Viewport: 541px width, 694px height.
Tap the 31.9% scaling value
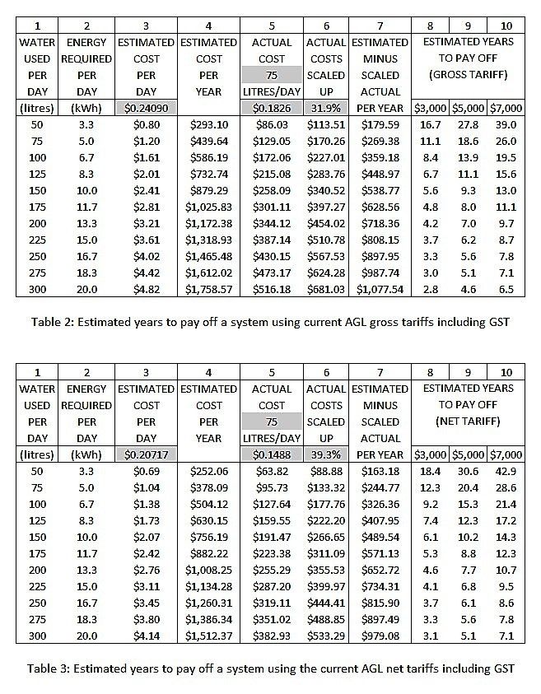coord(326,108)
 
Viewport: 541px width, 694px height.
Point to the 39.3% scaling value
coord(326,454)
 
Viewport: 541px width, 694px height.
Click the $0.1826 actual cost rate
coord(272,108)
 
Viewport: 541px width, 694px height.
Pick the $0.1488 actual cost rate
coord(272,454)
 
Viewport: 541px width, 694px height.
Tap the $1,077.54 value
coord(380,290)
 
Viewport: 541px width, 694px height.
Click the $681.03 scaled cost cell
coord(326,290)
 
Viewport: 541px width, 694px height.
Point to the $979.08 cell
coord(380,636)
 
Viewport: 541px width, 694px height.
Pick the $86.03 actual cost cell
coord(272,125)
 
